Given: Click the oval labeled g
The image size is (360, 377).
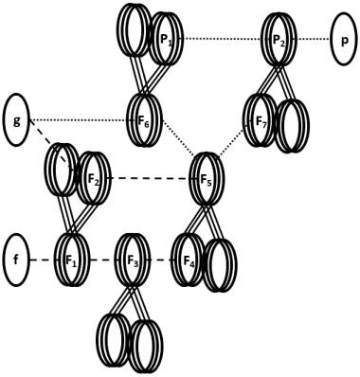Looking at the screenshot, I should [17, 120].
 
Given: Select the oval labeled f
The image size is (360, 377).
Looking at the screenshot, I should [17, 258].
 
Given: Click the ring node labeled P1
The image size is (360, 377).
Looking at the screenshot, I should [167, 39].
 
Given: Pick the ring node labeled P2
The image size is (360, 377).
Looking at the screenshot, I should [278, 40].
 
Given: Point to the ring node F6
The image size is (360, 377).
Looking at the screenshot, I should [145, 120].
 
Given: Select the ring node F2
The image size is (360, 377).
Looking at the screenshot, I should [91, 178].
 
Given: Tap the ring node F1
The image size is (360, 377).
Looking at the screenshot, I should [71, 258].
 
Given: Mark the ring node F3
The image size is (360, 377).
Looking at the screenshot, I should [129, 258].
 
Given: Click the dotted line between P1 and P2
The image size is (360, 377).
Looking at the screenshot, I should [222, 39].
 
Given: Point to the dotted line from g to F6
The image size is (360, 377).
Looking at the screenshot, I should [81, 120].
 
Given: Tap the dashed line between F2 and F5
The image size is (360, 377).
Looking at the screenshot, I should [147, 178].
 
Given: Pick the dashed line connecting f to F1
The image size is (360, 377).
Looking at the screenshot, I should [44, 258].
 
